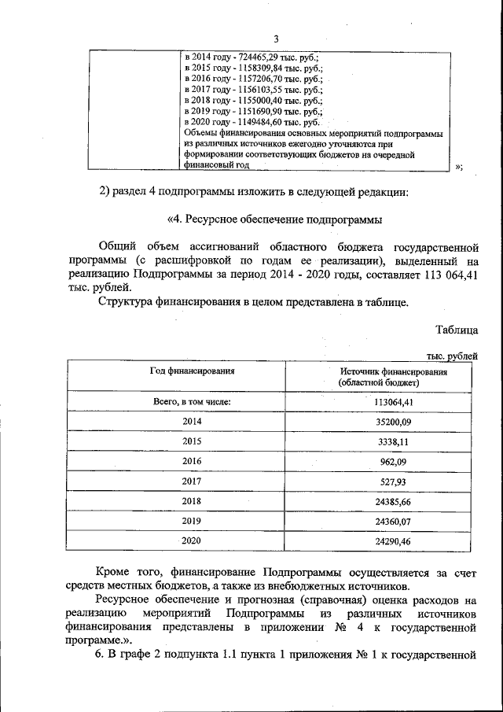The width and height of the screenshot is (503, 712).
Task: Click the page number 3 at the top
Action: (x=276, y=39)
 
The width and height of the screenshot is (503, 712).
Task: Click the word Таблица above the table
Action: (x=456, y=330)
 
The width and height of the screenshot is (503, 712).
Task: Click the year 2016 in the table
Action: (x=192, y=460)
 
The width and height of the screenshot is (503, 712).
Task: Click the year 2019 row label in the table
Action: (x=192, y=519)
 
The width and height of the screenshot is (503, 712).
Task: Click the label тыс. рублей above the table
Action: (x=451, y=356)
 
